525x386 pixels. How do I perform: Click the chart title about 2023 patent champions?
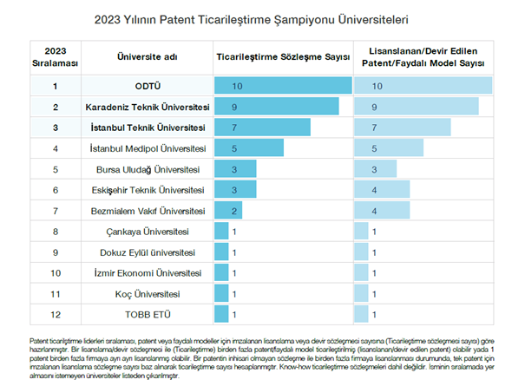(x=251, y=20)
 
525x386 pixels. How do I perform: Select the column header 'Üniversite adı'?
(x=148, y=57)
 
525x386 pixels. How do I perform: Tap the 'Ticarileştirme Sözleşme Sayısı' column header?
(x=283, y=57)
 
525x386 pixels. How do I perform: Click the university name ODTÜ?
(x=148, y=87)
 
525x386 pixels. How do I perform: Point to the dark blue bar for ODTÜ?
(x=283, y=85)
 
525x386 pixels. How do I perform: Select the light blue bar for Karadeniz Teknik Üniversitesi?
(x=417, y=107)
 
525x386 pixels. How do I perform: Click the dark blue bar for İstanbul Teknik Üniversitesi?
(x=262, y=128)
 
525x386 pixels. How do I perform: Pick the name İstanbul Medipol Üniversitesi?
(x=148, y=148)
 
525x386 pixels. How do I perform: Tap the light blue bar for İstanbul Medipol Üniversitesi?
(x=389, y=148)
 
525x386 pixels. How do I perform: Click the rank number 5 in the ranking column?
(x=56, y=170)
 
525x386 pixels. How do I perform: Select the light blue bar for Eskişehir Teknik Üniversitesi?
(x=382, y=189)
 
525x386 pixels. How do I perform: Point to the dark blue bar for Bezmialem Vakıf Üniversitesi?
(x=228, y=210)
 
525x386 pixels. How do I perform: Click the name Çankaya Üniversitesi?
(x=148, y=232)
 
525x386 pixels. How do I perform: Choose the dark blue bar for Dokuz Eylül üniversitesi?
(x=221, y=252)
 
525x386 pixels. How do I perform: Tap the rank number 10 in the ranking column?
(x=56, y=273)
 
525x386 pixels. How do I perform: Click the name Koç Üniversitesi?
(x=148, y=294)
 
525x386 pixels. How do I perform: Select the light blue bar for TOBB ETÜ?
(x=362, y=314)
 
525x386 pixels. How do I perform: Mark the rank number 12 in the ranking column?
(x=56, y=315)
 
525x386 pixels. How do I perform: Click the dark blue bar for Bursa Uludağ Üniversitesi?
(x=235, y=169)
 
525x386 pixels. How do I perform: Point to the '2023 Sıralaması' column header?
(x=56, y=57)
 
